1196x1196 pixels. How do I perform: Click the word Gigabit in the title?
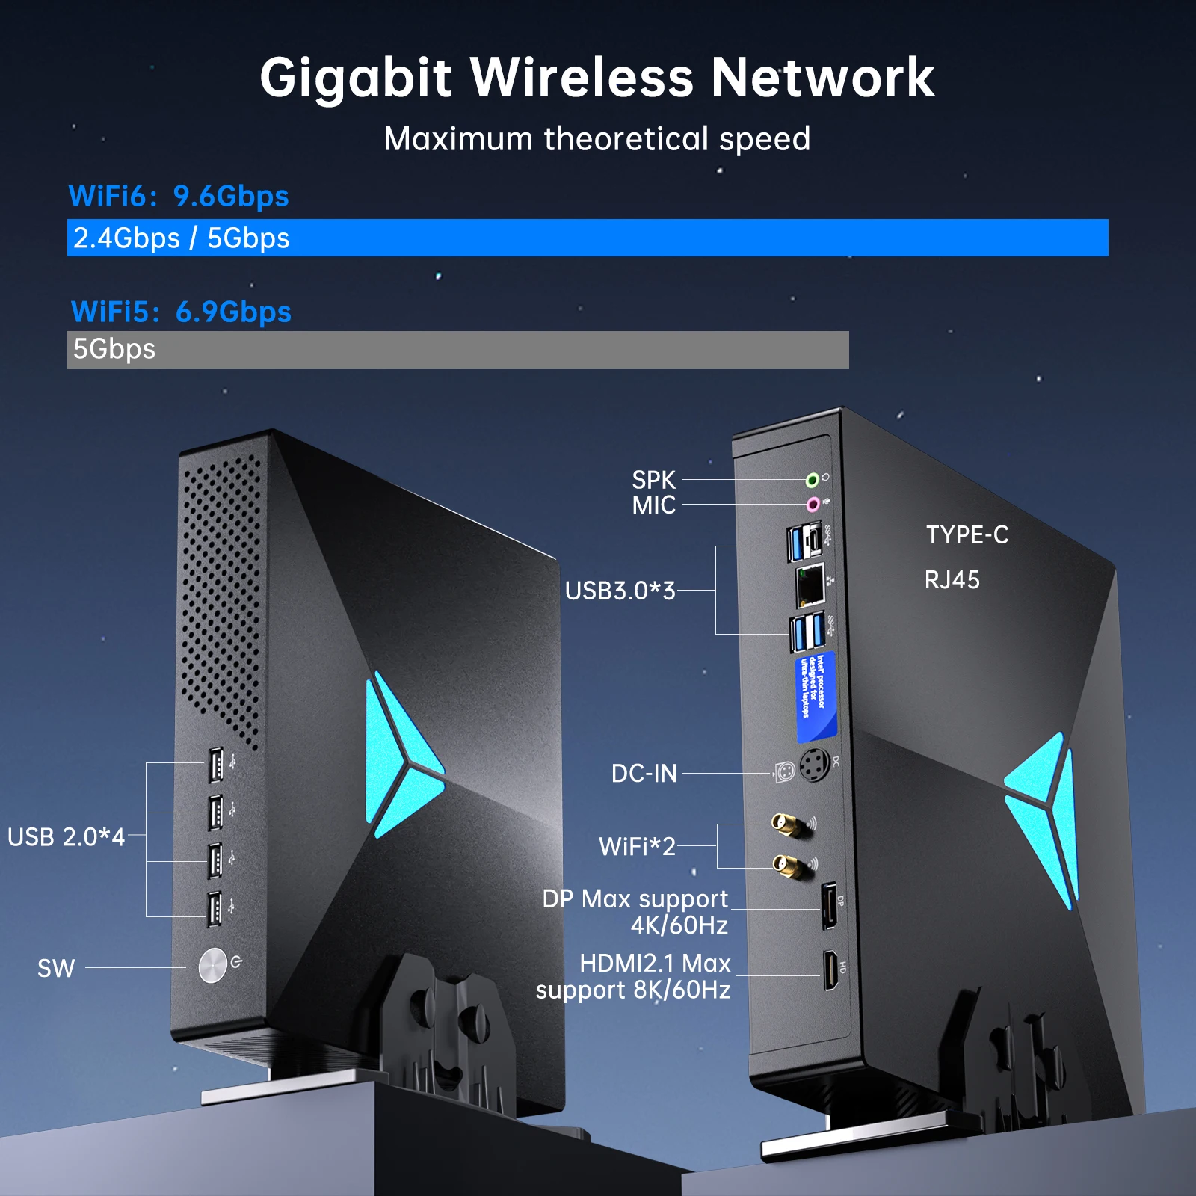click(x=356, y=78)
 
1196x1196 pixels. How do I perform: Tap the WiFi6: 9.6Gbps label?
click(x=179, y=197)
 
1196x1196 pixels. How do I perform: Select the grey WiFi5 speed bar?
click(x=457, y=350)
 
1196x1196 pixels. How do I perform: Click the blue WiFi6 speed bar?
click(x=588, y=238)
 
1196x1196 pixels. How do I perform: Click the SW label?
click(x=56, y=969)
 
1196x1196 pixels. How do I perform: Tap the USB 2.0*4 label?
click(x=66, y=837)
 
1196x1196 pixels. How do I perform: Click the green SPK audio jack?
click(x=812, y=480)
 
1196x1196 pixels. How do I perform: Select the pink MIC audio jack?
click(x=813, y=505)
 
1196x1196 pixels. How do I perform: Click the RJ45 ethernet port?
click(x=810, y=585)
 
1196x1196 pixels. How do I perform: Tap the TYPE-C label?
click(x=967, y=535)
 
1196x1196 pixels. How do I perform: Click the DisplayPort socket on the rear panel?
click(x=829, y=905)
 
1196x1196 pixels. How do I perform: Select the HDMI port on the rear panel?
click(x=830, y=970)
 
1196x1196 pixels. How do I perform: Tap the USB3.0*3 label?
click(x=620, y=591)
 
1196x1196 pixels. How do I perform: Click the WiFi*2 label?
click(x=637, y=847)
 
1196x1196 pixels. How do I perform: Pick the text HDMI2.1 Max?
click(x=655, y=964)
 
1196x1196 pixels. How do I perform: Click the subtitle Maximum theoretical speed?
click(x=597, y=139)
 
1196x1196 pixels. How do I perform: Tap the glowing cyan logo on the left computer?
click(x=400, y=755)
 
